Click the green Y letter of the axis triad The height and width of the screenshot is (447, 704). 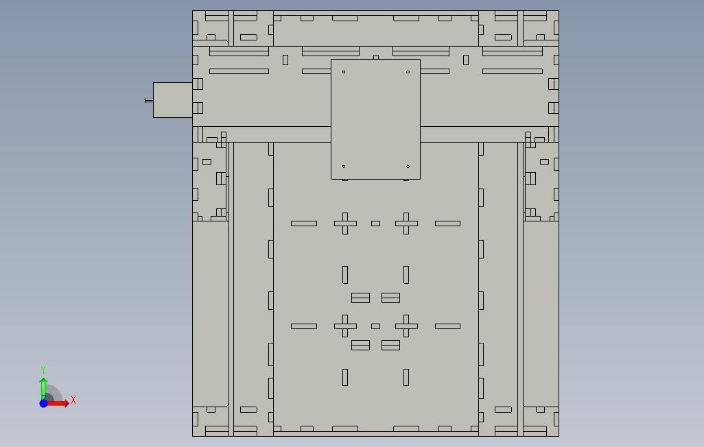tap(43, 370)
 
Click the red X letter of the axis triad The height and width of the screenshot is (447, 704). tap(73, 400)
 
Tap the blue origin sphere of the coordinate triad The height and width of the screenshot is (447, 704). tap(43, 404)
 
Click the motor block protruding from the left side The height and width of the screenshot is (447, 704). tap(173, 100)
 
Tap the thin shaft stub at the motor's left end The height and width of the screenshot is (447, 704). tap(149, 101)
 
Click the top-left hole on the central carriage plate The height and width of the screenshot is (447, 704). tap(344, 72)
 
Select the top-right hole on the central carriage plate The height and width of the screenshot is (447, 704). tap(408, 72)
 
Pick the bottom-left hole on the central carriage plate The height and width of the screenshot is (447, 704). tap(344, 167)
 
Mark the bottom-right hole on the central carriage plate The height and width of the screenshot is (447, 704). tap(408, 167)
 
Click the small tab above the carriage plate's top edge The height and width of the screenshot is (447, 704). tap(376, 57)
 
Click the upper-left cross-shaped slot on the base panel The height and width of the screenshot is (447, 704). tap(345, 223)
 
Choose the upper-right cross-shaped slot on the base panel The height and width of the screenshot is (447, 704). tap(406, 223)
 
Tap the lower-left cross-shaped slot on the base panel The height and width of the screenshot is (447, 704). tap(345, 326)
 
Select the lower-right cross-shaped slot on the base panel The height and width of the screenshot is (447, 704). tap(406, 326)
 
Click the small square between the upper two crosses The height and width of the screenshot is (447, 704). tap(376, 223)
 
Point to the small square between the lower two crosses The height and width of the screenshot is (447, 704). tap(376, 326)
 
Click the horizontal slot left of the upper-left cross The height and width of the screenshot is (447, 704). tap(304, 223)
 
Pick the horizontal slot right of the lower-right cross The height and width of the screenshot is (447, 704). tap(447, 326)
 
